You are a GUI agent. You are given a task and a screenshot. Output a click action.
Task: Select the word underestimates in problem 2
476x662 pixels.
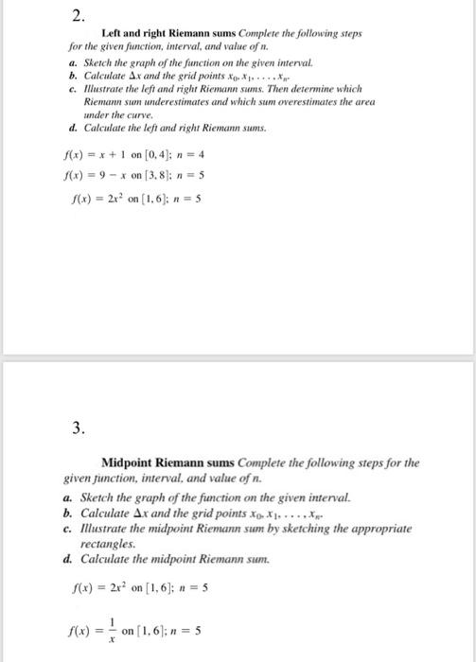[x=220, y=104]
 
